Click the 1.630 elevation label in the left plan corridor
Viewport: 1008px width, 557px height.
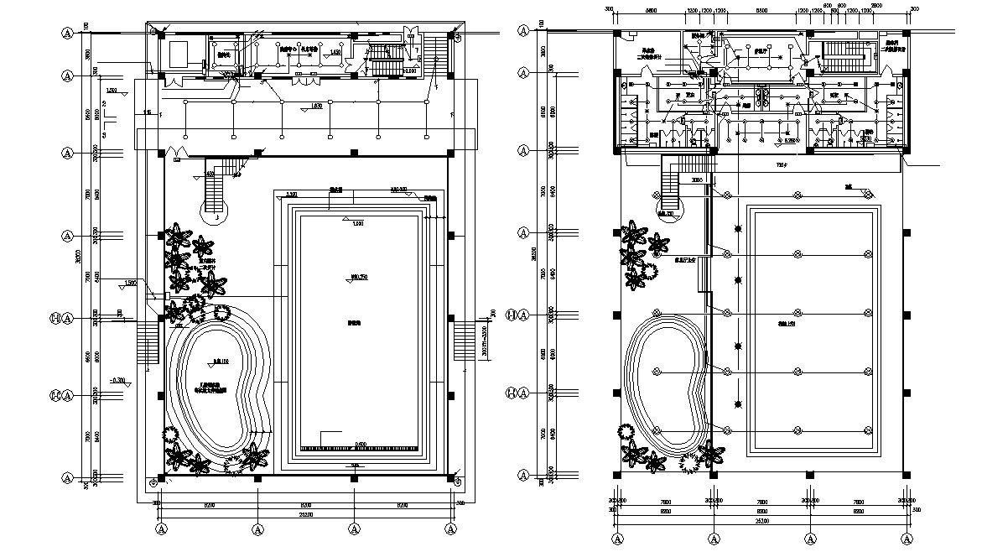click(316, 107)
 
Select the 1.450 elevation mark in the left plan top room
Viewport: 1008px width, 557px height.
click(335, 52)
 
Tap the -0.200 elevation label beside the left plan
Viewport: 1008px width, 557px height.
click(118, 381)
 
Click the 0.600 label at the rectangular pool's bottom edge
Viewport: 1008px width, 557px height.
click(361, 445)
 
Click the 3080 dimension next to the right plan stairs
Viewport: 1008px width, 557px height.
click(697, 180)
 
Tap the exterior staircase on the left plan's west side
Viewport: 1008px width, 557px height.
click(147, 342)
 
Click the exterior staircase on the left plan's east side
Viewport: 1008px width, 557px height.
click(465, 342)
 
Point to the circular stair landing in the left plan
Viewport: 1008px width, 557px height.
click(216, 200)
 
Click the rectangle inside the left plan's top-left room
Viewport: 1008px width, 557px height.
click(179, 55)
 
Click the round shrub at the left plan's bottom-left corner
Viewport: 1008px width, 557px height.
click(170, 434)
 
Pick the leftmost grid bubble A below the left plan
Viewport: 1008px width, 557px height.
click(163, 529)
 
